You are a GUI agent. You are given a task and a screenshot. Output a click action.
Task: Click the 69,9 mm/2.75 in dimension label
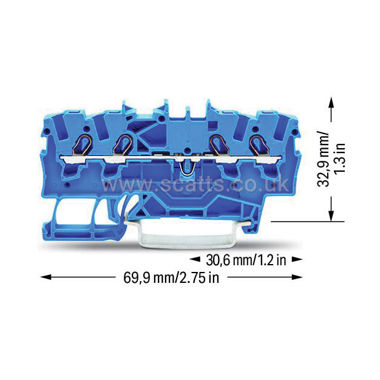(171, 278)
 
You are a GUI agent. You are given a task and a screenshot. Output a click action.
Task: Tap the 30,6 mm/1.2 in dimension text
(246, 260)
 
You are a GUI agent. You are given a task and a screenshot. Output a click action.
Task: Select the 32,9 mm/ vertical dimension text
(324, 159)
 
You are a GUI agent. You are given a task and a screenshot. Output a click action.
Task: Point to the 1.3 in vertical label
(339, 158)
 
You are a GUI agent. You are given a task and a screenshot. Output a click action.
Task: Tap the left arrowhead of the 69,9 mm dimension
(46, 277)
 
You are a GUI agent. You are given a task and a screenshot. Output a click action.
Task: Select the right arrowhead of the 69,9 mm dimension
(297, 277)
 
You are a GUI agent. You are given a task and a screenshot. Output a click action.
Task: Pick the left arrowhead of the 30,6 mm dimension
(195, 259)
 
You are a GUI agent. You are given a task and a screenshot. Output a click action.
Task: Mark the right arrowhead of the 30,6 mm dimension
(297, 259)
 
